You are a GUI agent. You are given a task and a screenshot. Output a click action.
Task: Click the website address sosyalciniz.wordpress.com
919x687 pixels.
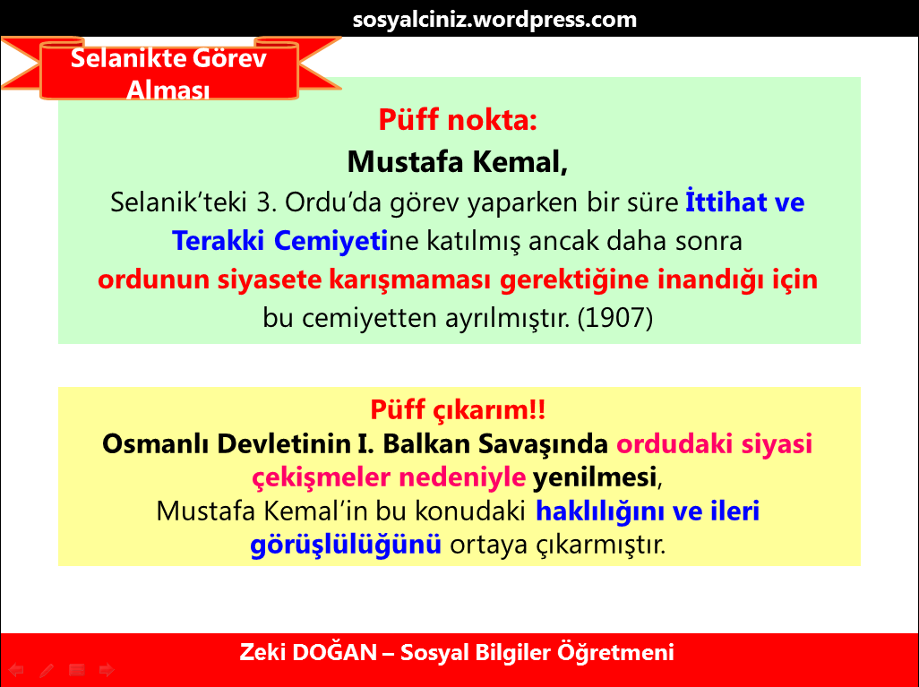click(494, 19)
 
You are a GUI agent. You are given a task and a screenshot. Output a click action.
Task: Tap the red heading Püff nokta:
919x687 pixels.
click(458, 119)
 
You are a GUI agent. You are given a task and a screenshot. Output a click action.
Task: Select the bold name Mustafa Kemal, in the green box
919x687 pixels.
click(458, 161)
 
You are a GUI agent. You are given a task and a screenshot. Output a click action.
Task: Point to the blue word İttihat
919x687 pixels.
click(723, 202)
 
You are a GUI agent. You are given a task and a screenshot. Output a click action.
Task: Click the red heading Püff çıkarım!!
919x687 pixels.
click(458, 410)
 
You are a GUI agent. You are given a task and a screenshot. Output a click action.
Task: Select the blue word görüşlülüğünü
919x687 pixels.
click(346, 543)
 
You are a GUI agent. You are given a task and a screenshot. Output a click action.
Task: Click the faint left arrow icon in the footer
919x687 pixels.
click(16, 669)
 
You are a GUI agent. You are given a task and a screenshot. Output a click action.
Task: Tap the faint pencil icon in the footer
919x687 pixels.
click(47, 669)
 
